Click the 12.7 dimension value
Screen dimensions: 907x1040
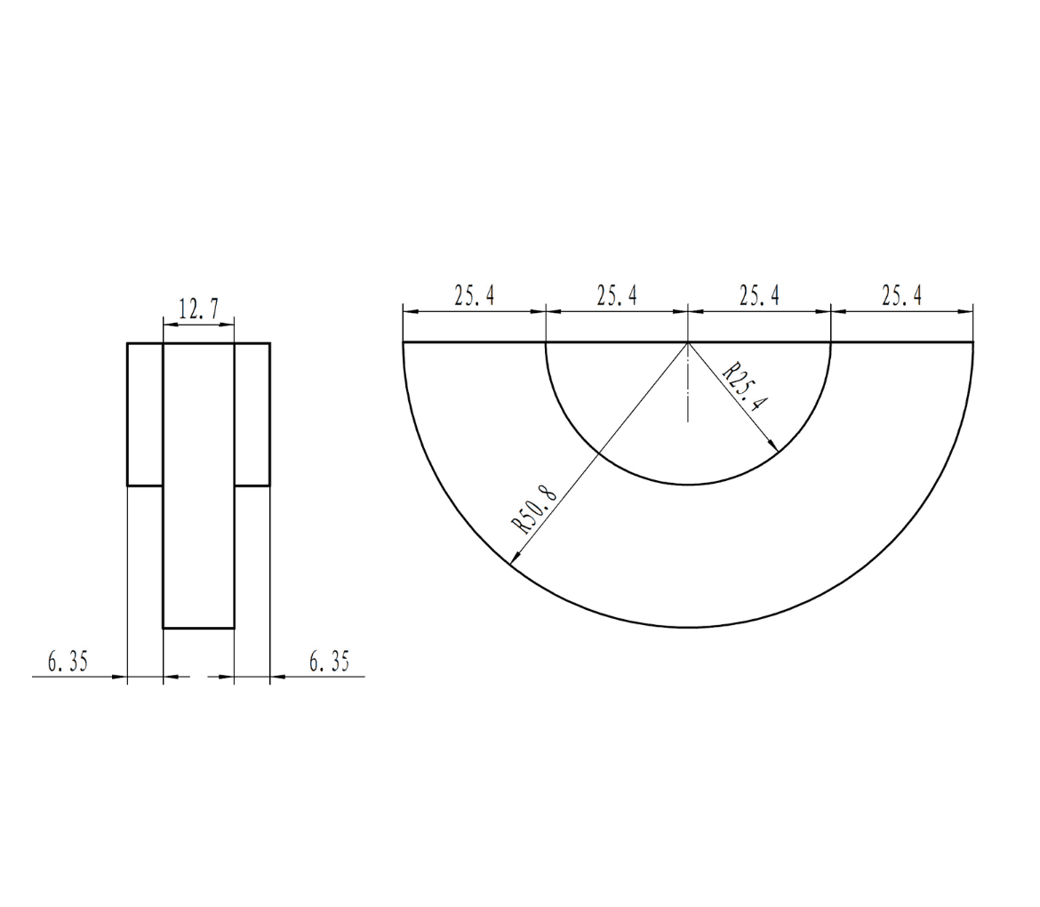coord(198,309)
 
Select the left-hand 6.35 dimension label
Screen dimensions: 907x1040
coord(68,662)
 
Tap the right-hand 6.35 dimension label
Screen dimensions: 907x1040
coord(329,662)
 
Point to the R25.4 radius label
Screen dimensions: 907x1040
coord(744,388)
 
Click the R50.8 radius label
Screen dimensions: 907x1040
coord(532,510)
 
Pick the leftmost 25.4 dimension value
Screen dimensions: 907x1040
coord(475,296)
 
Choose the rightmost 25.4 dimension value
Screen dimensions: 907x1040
coord(901,296)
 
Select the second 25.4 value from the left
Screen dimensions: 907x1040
coord(617,296)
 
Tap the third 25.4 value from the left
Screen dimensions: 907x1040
coord(759,296)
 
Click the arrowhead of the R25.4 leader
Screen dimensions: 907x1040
coord(774,447)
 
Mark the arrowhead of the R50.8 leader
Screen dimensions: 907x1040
coord(513,559)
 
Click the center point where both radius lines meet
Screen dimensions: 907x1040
coord(688,342)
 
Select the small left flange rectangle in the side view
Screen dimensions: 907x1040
coord(145,414)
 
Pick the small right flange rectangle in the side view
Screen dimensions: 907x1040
coord(252,414)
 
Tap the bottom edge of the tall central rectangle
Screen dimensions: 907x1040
coord(198,628)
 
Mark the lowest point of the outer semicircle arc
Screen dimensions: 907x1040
coord(688,628)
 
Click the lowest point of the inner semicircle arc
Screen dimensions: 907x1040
coord(688,485)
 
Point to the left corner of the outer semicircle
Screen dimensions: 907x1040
coord(404,342)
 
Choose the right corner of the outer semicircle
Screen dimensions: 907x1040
coord(972,342)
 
